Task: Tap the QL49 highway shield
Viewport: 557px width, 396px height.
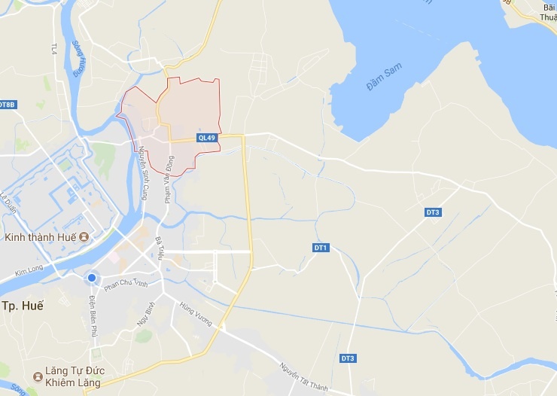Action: (x=207, y=138)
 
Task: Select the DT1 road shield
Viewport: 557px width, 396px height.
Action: (x=321, y=248)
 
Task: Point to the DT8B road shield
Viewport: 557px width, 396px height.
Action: (x=7, y=104)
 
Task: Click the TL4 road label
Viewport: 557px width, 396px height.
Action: (x=54, y=49)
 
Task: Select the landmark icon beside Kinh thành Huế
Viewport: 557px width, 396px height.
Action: (x=84, y=238)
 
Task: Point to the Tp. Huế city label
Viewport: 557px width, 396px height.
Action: (x=23, y=306)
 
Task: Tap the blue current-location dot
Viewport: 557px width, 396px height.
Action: (x=92, y=278)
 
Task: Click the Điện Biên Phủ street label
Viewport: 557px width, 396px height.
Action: (x=93, y=315)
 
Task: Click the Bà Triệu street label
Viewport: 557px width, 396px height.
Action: (x=160, y=249)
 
